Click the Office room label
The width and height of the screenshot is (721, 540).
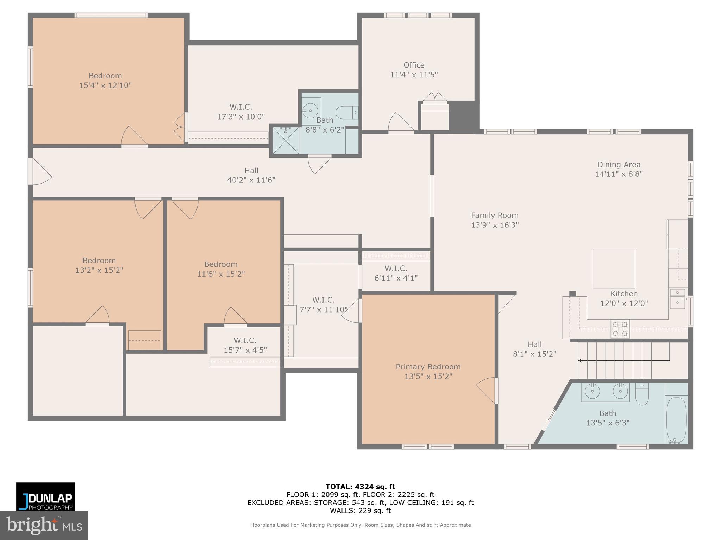coord(414,65)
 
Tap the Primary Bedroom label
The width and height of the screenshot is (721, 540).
coord(428,367)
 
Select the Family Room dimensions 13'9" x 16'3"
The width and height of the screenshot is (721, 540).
coord(495,225)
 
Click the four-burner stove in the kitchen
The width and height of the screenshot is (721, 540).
coord(620,329)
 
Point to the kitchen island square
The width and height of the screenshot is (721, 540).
coord(614,268)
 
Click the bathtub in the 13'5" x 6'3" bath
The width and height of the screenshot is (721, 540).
coord(676,420)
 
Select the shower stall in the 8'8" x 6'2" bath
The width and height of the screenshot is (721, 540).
coord(286,141)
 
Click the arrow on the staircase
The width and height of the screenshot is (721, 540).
coord(581,360)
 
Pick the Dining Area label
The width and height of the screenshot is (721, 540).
coord(619,165)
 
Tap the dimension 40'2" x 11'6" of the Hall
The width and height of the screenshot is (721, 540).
coord(251,180)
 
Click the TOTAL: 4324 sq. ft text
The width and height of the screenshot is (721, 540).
coord(360,487)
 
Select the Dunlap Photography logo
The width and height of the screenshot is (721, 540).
coord(45,496)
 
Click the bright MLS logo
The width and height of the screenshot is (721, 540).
coord(44,525)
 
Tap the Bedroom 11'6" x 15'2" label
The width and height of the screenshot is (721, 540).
coord(221,264)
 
